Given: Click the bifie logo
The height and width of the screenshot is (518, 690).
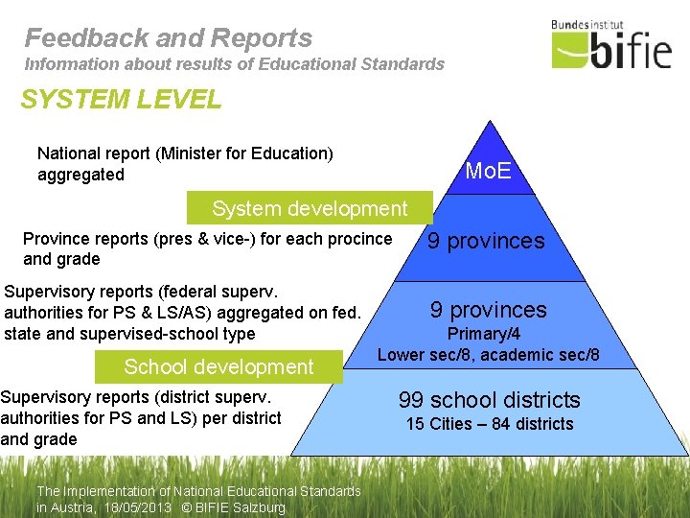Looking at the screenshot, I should pos(611,47).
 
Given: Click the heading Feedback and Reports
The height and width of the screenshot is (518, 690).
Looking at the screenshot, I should pos(169,37).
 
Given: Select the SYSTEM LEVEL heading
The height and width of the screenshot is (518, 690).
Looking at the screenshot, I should pos(121,99).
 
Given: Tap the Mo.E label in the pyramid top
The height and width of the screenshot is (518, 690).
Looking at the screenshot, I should pos(488,172).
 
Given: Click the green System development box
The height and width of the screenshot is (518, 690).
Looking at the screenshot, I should pos(310,208).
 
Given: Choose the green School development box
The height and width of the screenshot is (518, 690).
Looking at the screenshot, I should pos(218,366).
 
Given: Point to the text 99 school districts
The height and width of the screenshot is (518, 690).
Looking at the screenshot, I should pos(490,399).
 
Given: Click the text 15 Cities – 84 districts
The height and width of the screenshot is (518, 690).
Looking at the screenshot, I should pos(490,424).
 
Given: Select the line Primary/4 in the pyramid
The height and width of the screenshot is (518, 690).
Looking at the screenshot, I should pos(486,334).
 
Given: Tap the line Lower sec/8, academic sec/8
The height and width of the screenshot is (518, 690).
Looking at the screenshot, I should pos(489,355).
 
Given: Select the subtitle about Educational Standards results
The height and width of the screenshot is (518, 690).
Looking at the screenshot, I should pos(235,64).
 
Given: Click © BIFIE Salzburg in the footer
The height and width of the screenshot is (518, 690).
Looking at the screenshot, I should pos(235,507).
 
